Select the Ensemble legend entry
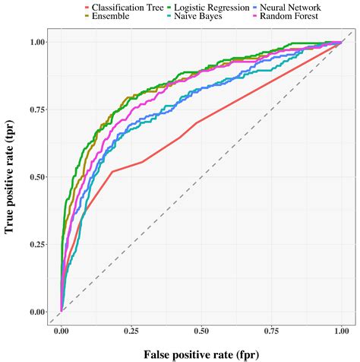tap(110, 15)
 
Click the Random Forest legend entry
tap(289, 15)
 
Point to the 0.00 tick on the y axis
tap(37, 312)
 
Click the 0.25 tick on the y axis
tap(37, 244)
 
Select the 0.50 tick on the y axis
tap(37, 177)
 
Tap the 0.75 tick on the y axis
tap(37, 110)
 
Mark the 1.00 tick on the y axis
tap(37, 43)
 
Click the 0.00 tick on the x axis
tap(62, 332)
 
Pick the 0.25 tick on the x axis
tap(131, 332)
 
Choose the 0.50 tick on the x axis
tap(201, 332)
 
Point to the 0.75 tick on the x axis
tap(271, 332)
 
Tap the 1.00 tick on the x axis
tap(341, 332)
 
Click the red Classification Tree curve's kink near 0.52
tap(112, 171)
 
